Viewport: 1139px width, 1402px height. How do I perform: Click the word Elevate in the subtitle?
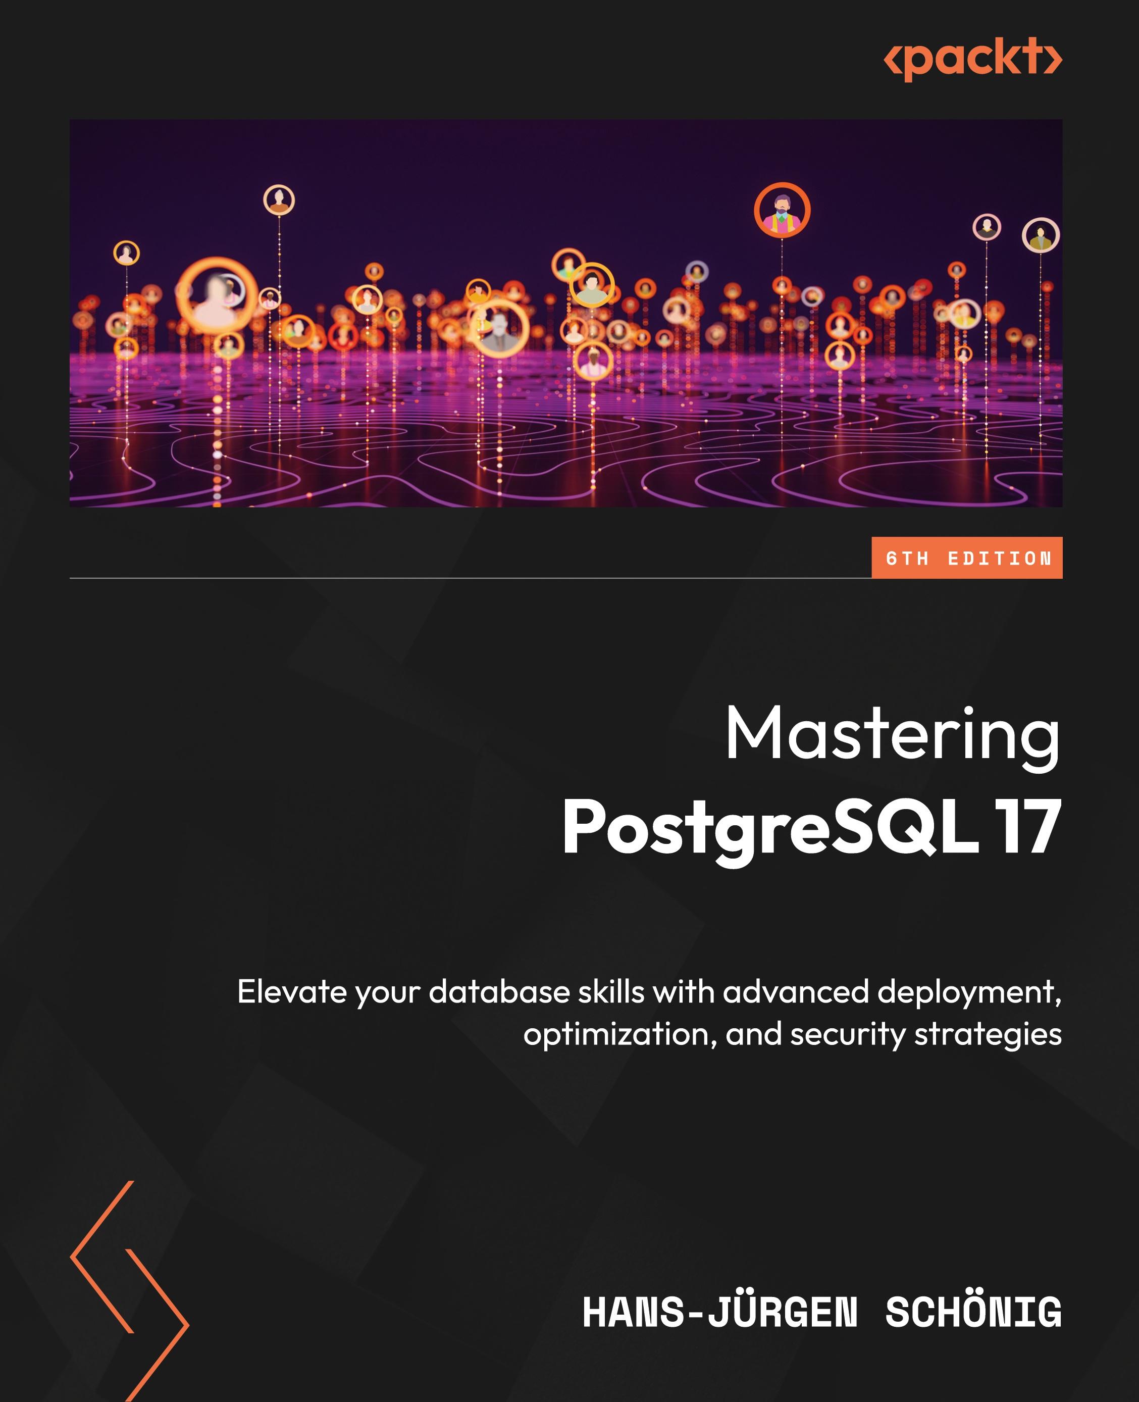click(x=291, y=992)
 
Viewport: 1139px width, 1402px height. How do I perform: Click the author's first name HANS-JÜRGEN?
click(x=720, y=1313)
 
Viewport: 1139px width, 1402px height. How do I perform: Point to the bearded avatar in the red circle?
click(x=782, y=211)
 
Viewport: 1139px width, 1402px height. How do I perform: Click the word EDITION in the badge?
click(x=999, y=559)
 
